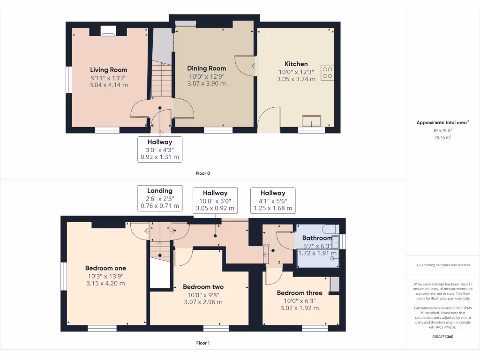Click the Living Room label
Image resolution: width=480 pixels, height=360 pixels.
(x=108, y=70)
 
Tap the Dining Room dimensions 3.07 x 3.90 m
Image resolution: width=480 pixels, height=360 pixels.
(x=207, y=83)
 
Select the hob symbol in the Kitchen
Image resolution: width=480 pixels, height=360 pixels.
(x=328, y=73)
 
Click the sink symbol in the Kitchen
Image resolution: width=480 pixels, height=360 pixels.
(x=311, y=121)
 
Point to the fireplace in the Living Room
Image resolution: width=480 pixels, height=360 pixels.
(x=108, y=32)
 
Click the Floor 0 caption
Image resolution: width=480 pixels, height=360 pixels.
(x=202, y=173)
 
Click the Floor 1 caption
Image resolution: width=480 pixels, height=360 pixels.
(x=202, y=343)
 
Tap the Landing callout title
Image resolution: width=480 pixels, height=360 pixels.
(x=160, y=191)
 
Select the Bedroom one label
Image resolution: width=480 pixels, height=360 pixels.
(x=105, y=268)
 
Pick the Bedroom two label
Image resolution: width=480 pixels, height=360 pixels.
(x=203, y=287)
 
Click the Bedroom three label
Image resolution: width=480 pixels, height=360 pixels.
(x=300, y=293)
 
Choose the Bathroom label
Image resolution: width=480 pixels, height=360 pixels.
(x=317, y=238)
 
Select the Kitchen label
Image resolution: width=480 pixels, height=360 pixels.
(x=296, y=64)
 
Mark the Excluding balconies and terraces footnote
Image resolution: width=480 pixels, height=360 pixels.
(x=442, y=265)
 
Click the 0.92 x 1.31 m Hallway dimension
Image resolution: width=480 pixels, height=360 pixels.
(x=160, y=157)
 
